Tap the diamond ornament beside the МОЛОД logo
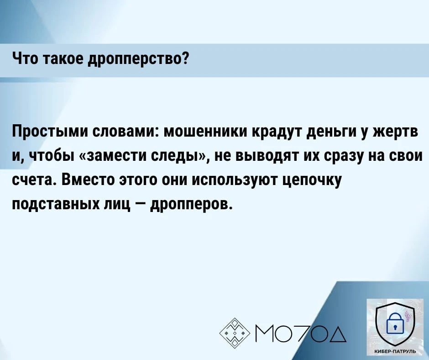(x=235, y=333)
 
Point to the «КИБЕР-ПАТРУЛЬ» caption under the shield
(x=395, y=351)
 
